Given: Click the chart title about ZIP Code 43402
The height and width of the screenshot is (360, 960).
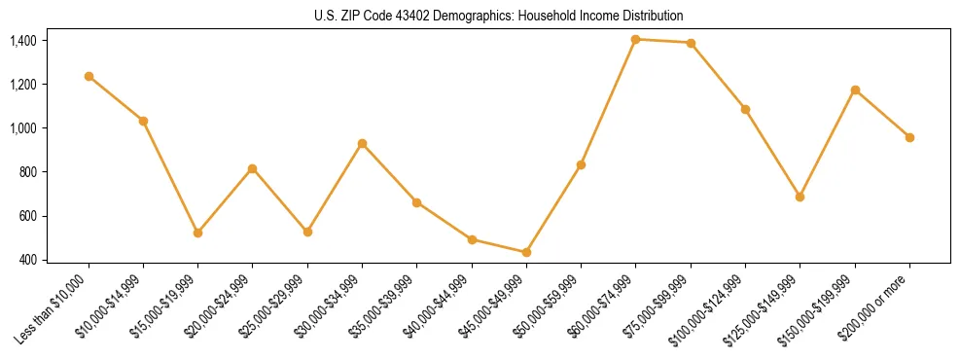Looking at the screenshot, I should click(x=499, y=17).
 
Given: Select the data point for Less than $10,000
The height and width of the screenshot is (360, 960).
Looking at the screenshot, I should click(x=89, y=76).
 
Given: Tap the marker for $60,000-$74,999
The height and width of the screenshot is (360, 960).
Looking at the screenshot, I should click(x=636, y=39).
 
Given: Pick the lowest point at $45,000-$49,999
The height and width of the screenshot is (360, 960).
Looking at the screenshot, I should click(x=526, y=252).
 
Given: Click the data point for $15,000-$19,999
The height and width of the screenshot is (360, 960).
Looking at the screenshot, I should click(x=198, y=233).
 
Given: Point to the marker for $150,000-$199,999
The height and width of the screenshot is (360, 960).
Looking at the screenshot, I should click(x=855, y=90).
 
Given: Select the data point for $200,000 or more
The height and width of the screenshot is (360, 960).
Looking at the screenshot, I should click(x=909, y=137).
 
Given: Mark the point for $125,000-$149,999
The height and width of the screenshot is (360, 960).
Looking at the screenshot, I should click(x=800, y=197).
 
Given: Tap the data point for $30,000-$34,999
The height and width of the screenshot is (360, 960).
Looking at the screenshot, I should click(x=362, y=143).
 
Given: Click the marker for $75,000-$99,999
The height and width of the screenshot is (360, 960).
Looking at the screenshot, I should click(x=691, y=43).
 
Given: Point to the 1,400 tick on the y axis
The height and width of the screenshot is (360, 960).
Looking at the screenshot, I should click(x=23, y=41).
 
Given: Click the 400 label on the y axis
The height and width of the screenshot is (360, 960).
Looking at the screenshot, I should click(x=27, y=260).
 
